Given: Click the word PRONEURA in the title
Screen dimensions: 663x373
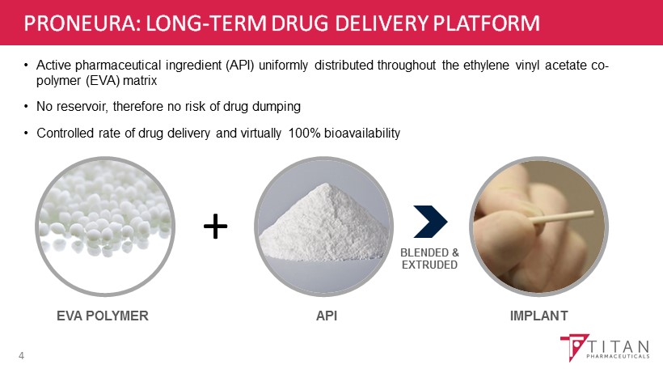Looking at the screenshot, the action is (80, 23).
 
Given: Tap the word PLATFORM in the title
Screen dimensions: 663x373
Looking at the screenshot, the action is (486, 23).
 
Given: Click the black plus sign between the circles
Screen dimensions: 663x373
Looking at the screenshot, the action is (216, 227).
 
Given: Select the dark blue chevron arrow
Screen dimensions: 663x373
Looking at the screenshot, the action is (430, 222).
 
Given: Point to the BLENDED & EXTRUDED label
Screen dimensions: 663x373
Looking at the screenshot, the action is (429, 258).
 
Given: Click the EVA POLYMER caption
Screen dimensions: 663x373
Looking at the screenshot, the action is (103, 316).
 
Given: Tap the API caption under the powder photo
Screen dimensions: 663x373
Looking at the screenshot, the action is (327, 316).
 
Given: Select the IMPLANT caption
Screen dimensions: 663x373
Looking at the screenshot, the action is (538, 316).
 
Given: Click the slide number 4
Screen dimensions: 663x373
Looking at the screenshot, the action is (21, 356).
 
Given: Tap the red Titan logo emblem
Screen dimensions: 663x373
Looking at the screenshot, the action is (574, 347).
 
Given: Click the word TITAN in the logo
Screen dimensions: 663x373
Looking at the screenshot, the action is (619, 347).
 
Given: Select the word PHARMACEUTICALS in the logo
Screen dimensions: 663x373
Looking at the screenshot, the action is (618, 357).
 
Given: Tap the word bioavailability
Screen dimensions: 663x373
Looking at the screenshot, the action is (362, 134).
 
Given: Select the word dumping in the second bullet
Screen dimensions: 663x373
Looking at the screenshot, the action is (277, 107).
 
